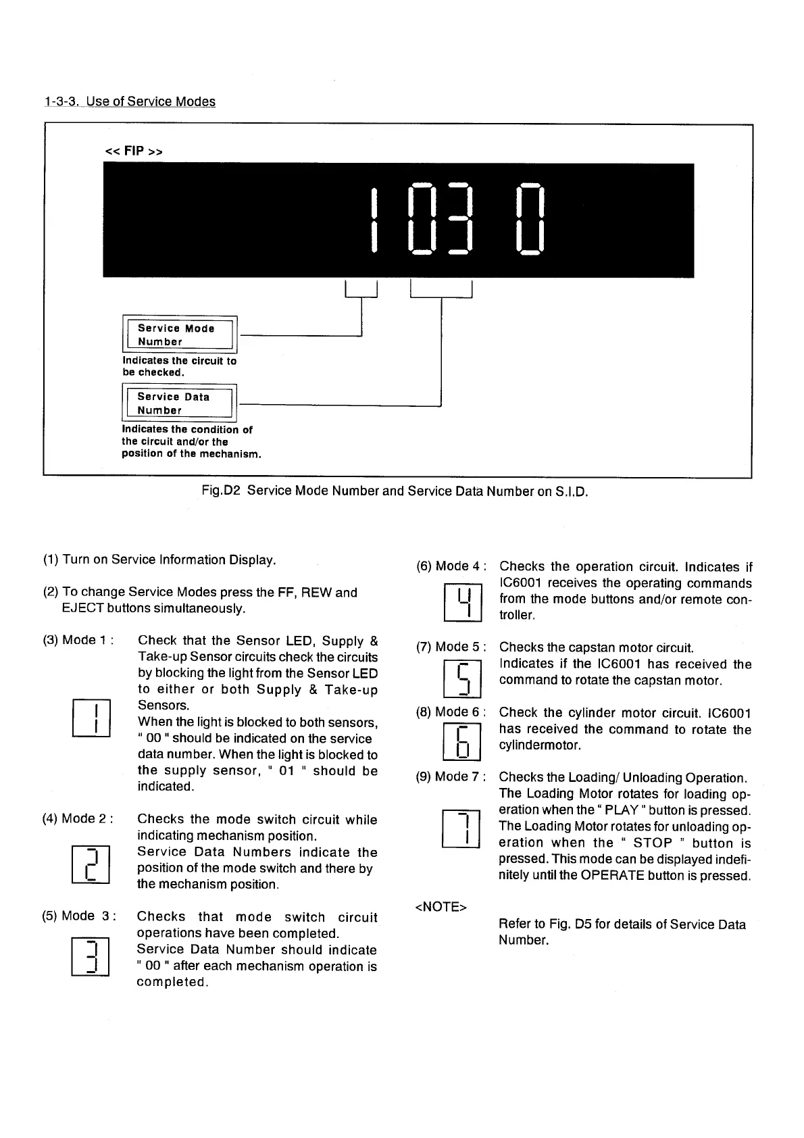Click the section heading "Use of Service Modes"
[x=130, y=102]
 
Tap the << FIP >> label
[x=134, y=151]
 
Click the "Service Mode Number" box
[x=179, y=335]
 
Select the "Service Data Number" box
[x=179, y=403]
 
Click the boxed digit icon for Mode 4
[x=463, y=602]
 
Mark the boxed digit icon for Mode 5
[x=463, y=678]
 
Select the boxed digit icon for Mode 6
[x=463, y=741]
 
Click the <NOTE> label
[x=440, y=907]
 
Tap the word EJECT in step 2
[x=82, y=608]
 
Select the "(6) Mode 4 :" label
[x=451, y=566]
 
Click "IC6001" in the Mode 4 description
[x=521, y=583]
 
